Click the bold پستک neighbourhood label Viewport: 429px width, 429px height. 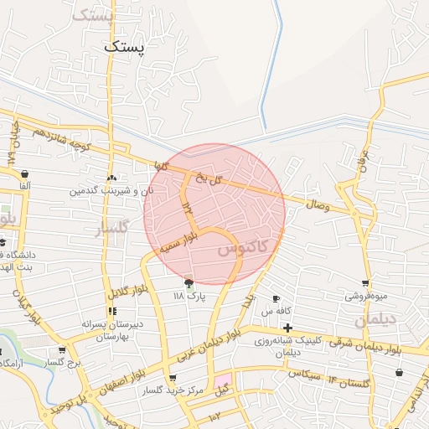[125, 48]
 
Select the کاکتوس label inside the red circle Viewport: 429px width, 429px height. [242, 249]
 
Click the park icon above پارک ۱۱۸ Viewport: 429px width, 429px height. [189, 284]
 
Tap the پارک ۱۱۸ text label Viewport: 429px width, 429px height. [189, 297]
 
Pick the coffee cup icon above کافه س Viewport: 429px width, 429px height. [276, 299]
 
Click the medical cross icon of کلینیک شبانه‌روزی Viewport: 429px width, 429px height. [287, 327]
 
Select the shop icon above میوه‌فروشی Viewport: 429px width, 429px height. [365, 284]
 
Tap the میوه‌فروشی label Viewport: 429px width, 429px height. [366, 297]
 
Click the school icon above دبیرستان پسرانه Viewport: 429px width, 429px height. [112, 311]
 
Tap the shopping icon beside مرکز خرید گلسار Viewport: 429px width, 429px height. [173, 378]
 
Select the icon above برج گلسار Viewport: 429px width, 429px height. [61, 350]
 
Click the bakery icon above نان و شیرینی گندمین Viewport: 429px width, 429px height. [111, 178]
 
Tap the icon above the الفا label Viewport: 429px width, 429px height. [23, 173]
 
